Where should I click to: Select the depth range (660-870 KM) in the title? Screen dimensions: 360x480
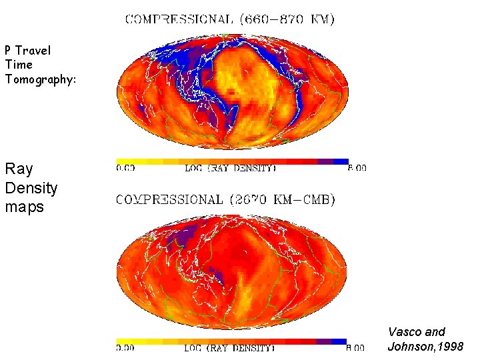(287, 19)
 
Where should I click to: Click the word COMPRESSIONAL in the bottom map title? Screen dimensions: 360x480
(169, 199)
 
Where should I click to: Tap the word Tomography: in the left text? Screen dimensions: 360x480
(41, 80)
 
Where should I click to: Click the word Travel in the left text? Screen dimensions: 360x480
(33, 51)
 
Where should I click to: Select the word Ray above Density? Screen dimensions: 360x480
(19, 169)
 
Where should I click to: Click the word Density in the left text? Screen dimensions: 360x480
(31, 188)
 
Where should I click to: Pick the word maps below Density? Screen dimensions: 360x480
(25, 207)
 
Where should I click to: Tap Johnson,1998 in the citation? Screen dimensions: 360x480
(425, 346)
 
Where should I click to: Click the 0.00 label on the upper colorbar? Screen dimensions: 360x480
(125, 169)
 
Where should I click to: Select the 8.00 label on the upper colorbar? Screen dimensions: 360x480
(357, 169)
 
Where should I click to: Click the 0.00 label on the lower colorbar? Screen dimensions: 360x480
(125, 348)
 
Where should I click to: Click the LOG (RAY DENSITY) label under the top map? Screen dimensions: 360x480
(230, 169)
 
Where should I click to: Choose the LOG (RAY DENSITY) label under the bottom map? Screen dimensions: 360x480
(230, 348)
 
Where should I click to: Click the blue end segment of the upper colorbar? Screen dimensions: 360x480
(341, 161)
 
